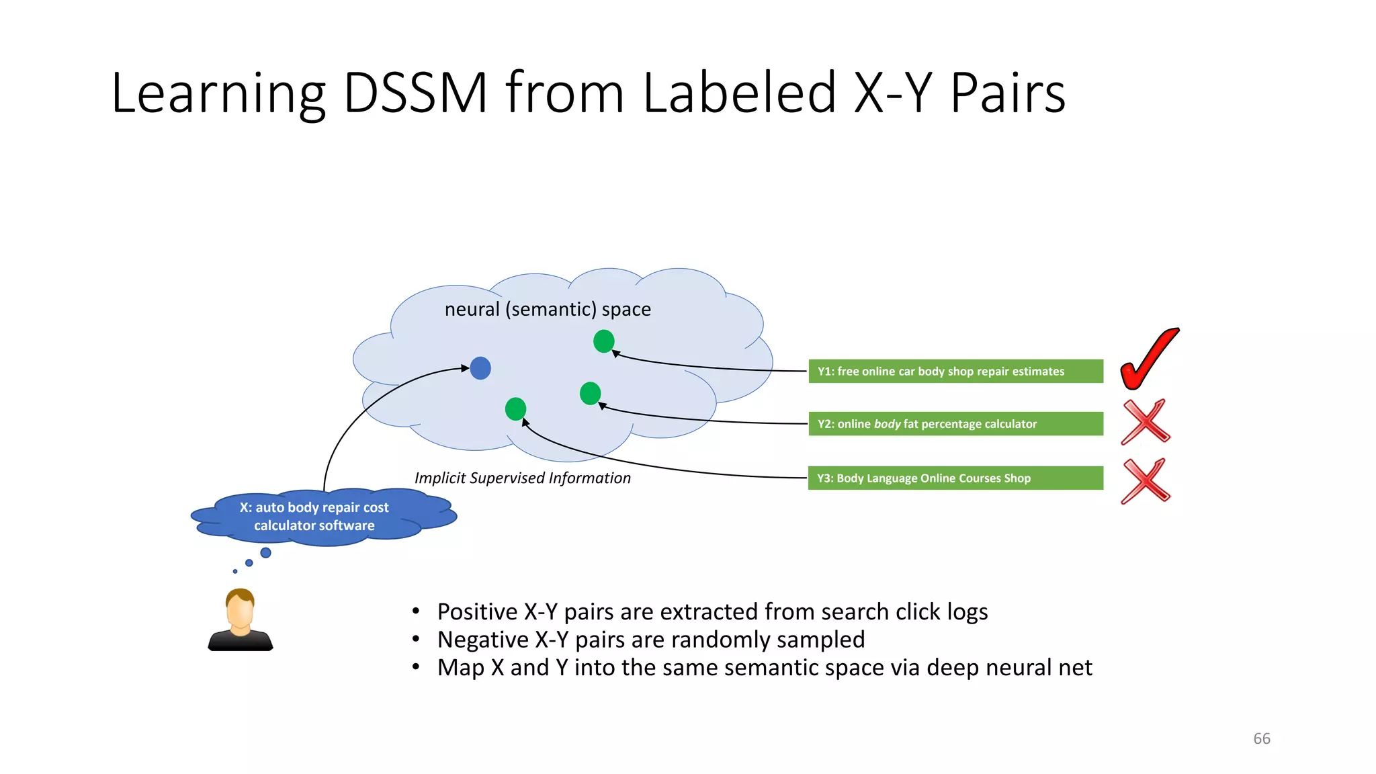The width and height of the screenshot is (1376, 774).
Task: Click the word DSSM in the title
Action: pos(415,93)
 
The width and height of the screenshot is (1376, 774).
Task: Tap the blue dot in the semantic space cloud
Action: pos(480,368)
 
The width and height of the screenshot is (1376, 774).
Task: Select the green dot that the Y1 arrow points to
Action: pos(604,341)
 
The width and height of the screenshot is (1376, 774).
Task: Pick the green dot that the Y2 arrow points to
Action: pos(590,393)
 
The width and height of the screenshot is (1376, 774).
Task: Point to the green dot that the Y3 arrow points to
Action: pos(515,408)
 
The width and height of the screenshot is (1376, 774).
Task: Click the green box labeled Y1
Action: pos(955,372)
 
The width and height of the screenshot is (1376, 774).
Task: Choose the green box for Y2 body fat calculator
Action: pos(955,424)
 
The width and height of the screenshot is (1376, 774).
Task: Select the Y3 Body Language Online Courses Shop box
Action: pos(955,478)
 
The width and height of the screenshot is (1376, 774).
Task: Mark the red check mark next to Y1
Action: pos(1149,359)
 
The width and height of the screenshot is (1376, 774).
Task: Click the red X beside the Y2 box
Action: pos(1146,422)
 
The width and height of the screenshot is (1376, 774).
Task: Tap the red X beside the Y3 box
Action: pos(1146,480)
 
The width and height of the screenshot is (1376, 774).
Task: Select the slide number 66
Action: pos(1262,738)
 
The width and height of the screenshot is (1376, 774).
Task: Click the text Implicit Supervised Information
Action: pos(522,478)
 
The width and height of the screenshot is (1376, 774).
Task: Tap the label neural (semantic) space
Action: pos(548,309)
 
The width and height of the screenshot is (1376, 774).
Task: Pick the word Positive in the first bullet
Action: pos(477,612)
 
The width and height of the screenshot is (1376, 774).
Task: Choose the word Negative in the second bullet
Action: pos(483,640)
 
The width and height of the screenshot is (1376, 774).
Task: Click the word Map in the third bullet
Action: pos(461,668)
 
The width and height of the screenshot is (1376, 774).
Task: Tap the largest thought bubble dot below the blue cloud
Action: pos(266,553)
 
